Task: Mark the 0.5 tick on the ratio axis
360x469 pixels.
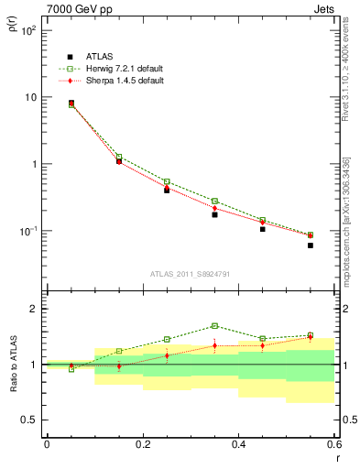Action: point(29,420)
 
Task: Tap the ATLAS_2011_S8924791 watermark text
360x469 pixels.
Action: point(191,274)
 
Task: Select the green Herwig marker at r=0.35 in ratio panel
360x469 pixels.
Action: point(214,325)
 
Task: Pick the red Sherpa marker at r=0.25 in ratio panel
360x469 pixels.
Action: point(167,355)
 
